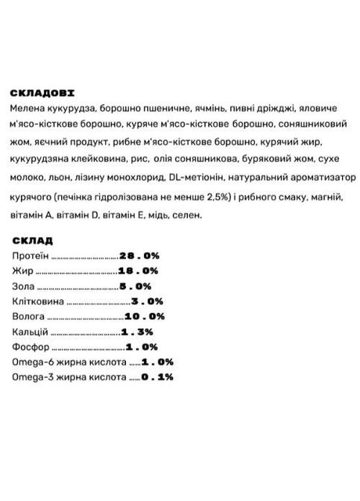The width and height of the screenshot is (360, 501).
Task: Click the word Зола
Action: [x=23, y=286]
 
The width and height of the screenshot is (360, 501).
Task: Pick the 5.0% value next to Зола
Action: [x=135, y=286]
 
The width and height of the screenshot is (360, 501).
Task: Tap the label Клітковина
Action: [x=38, y=301]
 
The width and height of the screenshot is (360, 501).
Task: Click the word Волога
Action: [x=28, y=316]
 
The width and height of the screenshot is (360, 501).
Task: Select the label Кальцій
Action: [x=31, y=332]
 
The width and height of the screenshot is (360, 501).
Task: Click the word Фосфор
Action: [x=29, y=347]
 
